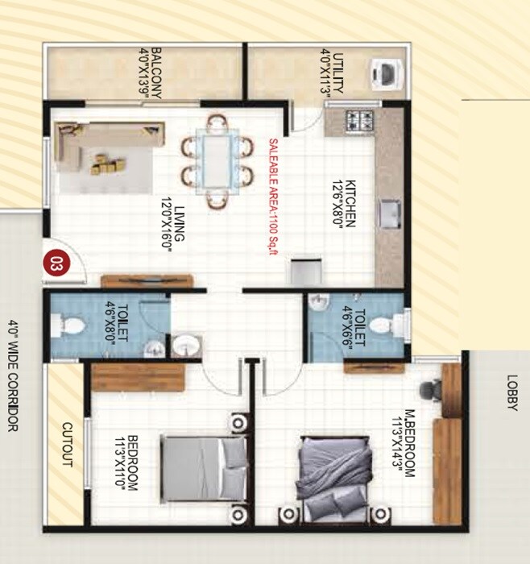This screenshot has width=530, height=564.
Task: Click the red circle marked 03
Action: (x=56, y=262)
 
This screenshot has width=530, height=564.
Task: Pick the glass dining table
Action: (x=216, y=162)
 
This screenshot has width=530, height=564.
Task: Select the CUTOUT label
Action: (x=68, y=446)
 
